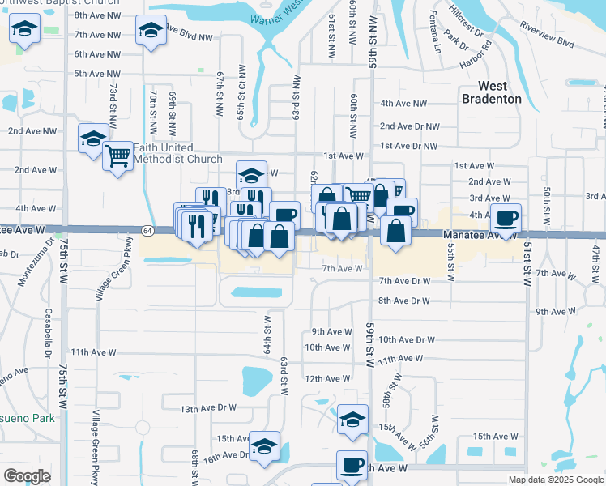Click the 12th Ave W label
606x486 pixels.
tap(326, 378)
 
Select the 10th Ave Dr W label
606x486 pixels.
tap(407, 340)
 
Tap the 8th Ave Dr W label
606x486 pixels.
tap(403, 301)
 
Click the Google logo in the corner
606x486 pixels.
tap(27, 476)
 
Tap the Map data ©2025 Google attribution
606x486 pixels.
tap(555, 480)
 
